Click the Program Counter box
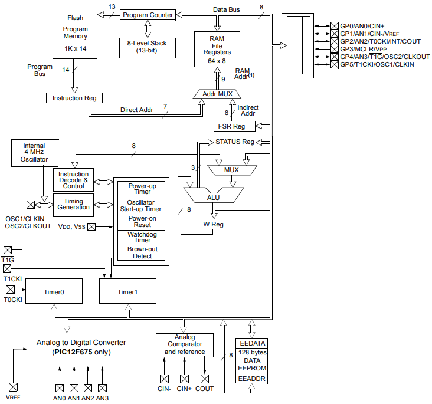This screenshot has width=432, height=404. pyautogui.click(x=148, y=15)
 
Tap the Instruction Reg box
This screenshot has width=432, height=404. pyautogui.click(x=74, y=98)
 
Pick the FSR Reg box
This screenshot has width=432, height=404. pyautogui.click(x=234, y=126)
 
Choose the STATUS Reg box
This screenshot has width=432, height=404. pyautogui.click(x=234, y=142)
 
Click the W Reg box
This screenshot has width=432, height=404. pyautogui.click(x=214, y=224)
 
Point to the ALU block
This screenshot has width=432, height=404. pyautogui.click(x=213, y=197)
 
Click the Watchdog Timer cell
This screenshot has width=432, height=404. pyautogui.click(x=142, y=237)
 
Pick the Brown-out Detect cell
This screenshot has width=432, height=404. pyautogui.click(x=142, y=252)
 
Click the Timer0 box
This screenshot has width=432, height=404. pyautogui.click(x=54, y=292)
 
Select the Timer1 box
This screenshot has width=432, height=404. pyautogui.click(x=127, y=292)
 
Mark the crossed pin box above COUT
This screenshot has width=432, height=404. pyautogui.click(x=205, y=379)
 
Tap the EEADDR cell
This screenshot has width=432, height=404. pyautogui.click(x=252, y=379)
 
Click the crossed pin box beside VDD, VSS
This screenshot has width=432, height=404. pyautogui.click(x=91, y=226)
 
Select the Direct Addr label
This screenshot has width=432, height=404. pyautogui.click(x=137, y=110)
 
